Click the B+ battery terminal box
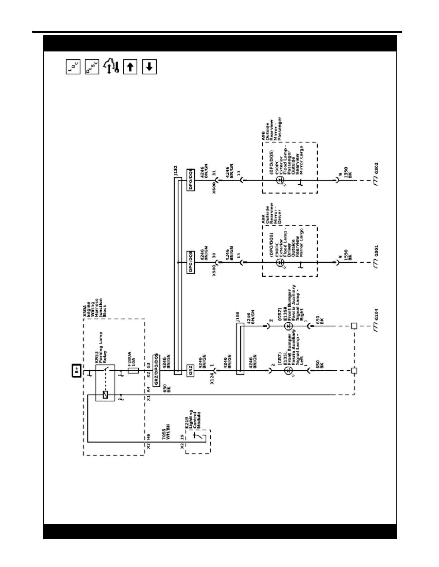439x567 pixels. coord(76,371)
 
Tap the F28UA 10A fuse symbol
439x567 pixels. coord(133,371)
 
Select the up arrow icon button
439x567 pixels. coord(130,67)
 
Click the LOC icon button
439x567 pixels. coord(73,67)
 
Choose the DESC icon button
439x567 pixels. coord(92,67)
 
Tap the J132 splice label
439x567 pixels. coord(175,170)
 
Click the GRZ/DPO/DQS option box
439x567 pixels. coord(156,370)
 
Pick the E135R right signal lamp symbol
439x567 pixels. coord(288,326)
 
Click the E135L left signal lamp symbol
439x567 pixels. coord(288,371)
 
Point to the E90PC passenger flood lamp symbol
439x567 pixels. coord(280,180)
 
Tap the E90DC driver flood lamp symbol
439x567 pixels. coord(280,263)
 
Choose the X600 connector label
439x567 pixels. coord(214,187)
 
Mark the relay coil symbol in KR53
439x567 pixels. coord(105,395)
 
